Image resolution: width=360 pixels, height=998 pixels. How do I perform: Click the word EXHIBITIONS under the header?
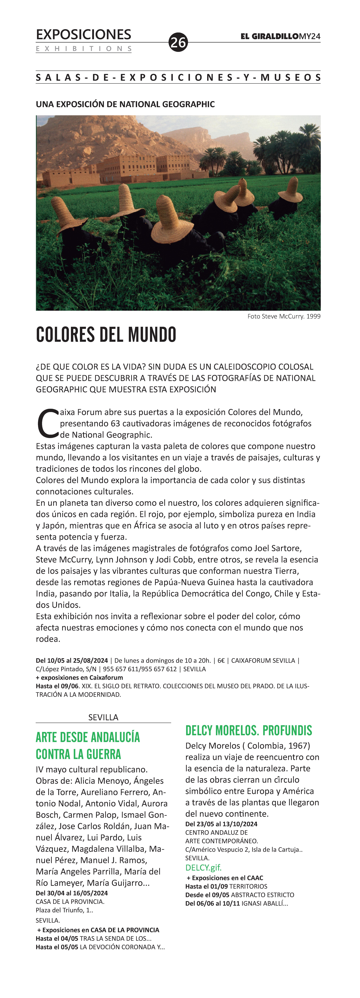click(84, 49)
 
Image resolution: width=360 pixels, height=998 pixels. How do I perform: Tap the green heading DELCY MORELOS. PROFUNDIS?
click(248, 730)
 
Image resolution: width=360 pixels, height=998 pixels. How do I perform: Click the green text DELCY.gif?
click(203, 867)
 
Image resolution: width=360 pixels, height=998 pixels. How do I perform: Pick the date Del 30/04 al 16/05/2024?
click(72, 893)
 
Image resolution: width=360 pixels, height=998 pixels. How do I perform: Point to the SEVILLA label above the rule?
click(103, 717)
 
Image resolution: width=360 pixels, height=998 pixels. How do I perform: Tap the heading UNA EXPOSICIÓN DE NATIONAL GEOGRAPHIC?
click(125, 104)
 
